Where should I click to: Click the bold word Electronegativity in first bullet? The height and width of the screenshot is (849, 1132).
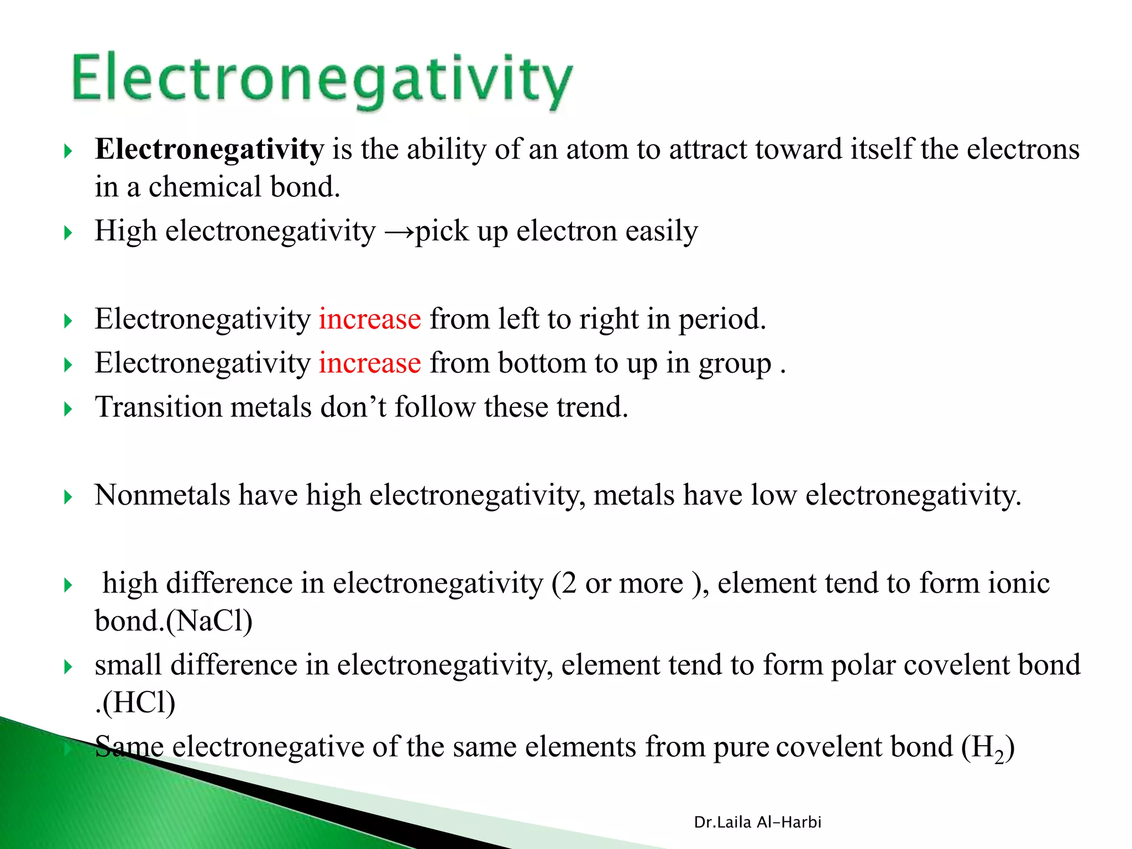(209, 149)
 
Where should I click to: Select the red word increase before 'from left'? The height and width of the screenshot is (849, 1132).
(369, 319)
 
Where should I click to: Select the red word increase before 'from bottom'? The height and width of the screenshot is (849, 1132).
(369, 364)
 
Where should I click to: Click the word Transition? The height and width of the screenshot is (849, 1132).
(158, 407)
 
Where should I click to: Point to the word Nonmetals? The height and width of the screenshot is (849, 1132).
(162, 495)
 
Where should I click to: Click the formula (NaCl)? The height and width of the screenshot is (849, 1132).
(209, 621)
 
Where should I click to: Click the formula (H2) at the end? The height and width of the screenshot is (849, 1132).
(988, 748)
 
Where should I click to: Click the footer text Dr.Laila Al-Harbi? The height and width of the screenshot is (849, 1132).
(757, 822)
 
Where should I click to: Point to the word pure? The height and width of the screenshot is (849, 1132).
(740, 748)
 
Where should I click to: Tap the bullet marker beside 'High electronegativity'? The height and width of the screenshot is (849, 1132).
(68, 233)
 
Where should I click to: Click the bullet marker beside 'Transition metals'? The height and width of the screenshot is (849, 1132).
(68, 410)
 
